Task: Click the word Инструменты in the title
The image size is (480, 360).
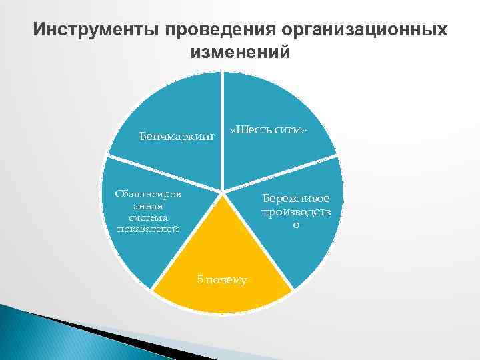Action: coord(98,31)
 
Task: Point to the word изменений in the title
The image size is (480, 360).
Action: coord(240,53)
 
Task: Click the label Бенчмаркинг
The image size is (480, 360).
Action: coord(177,137)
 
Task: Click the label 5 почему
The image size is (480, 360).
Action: coord(222,279)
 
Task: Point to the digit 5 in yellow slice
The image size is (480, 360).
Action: coord(200,279)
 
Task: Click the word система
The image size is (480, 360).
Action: coord(148,217)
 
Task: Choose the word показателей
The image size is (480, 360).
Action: coord(148,229)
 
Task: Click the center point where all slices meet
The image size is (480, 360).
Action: coord(223,193)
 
